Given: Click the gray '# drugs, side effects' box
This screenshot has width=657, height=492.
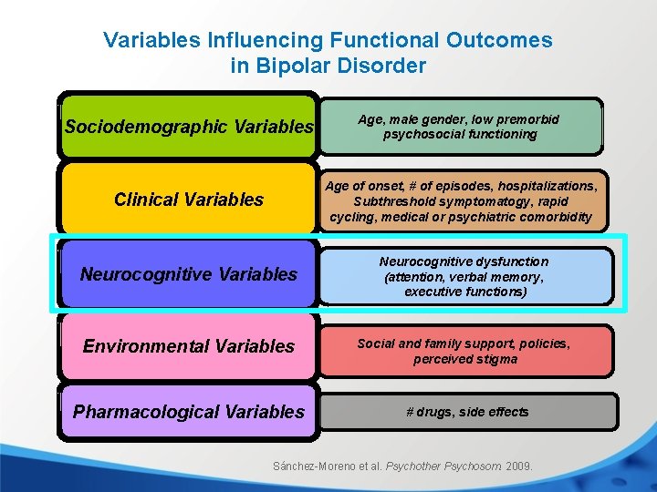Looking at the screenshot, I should click(x=467, y=412).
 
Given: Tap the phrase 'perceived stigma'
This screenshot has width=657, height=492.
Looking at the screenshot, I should click(x=465, y=359).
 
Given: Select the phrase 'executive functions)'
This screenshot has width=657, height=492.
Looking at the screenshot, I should click(x=464, y=292).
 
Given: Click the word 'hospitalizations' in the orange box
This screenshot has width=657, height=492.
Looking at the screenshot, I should click(x=535, y=185).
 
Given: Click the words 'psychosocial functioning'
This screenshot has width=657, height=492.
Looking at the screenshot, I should click(x=460, y=134).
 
